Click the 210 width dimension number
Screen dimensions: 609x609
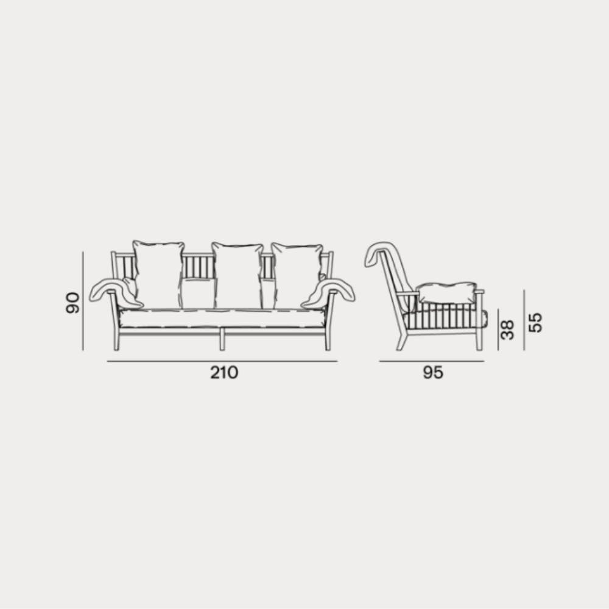(224, 373)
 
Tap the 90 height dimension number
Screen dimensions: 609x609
(72, 303)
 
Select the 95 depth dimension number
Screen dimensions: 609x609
(432, 373)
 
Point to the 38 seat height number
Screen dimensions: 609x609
(507, 330)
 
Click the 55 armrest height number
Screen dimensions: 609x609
(535, 322)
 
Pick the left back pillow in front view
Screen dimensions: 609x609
(158, 275)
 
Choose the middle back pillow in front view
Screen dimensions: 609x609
(238, 276)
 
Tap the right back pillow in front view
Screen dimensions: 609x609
(297, 276)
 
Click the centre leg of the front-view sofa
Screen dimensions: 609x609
(222, 339)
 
